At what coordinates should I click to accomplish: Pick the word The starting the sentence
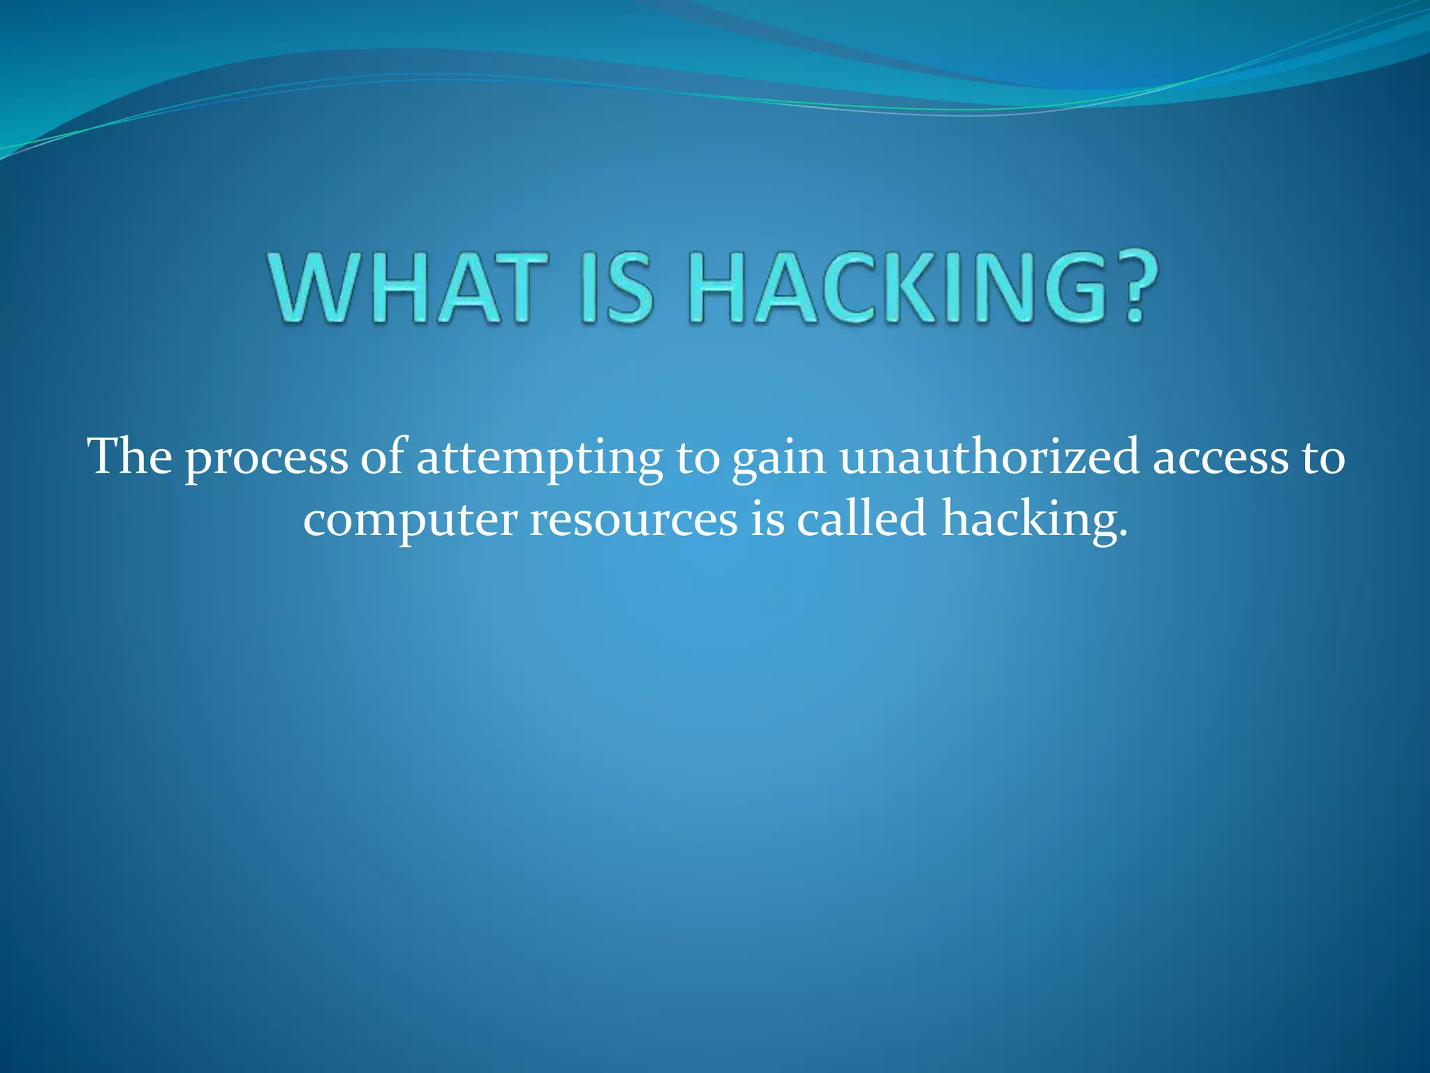pos(130,457)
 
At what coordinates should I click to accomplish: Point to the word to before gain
pos(698,458)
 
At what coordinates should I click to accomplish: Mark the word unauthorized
pos(989,457)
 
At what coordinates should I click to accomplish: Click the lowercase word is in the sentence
pos(767,519)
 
